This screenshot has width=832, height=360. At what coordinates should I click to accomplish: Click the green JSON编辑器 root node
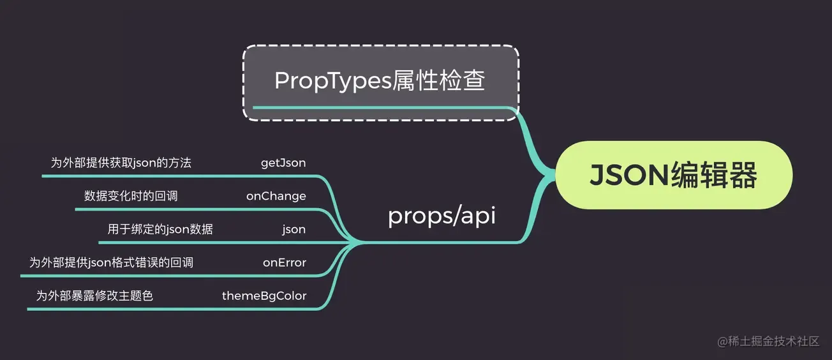[x=674, y=175]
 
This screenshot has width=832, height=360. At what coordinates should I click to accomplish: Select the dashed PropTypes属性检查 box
[x=381, y=82]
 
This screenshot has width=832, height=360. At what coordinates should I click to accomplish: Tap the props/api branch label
[x=442, y=216]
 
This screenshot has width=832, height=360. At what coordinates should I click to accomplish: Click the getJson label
[x=283, y=163]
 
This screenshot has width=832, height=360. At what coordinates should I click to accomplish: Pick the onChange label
[x=276, y=196]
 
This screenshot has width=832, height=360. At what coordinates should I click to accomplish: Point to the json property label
[x=293, y=229]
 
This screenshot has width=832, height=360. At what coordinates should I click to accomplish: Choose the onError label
[x=285, y=263]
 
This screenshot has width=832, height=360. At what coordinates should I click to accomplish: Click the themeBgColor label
[x=264, y=296]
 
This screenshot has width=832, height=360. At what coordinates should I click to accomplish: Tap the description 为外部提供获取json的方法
[x=121, y=163]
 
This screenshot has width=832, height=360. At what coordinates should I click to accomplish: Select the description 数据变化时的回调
[x=131, y=196]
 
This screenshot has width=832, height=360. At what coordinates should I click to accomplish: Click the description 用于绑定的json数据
[x=160, y=229]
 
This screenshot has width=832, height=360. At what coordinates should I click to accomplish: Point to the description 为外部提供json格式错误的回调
[x=111, y=263]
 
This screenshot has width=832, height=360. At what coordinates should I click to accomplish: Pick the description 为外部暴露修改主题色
[x=94, y=296]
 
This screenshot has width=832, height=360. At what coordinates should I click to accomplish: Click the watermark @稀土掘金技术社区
[x=768, y=341]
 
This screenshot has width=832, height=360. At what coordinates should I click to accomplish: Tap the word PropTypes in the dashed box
[x=333, y=80]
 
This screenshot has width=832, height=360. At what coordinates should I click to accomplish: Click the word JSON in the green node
[x=630, y=175]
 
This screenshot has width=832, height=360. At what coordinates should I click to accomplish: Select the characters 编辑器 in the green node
[x=714, y=175]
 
